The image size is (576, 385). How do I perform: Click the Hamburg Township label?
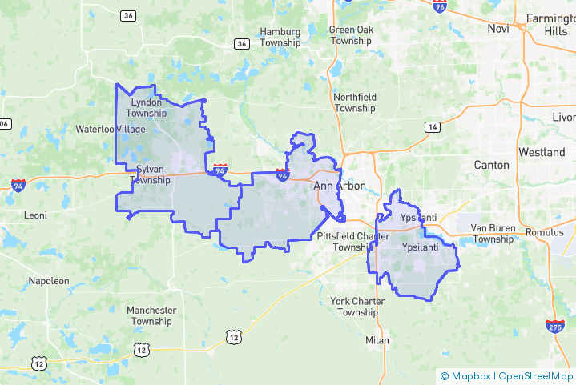pos(280,38)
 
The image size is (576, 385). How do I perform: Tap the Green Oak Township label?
pos(351,35)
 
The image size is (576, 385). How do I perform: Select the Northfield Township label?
pos(354,102)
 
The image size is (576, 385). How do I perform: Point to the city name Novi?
pos(498,29)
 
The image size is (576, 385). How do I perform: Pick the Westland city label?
pos(542,152)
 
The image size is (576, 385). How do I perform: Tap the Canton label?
pos(491,165)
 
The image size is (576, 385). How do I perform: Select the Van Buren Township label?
pos(493,233)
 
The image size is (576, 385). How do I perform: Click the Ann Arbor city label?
pos(338,186)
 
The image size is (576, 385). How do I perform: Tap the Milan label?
pos(377,340)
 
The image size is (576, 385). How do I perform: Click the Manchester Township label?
pos(151,315)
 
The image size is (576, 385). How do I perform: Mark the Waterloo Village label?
pos(111,129)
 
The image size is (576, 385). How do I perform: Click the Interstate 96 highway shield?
pos(438,7)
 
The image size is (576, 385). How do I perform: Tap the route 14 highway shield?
pos(433,127)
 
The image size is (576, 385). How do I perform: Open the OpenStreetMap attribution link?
pos(536,376)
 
